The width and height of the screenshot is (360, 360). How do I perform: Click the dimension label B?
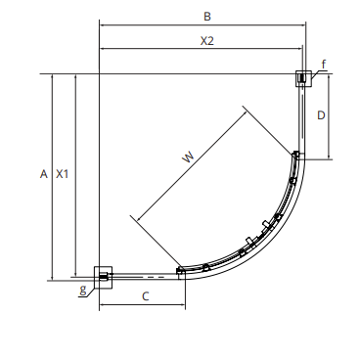point(207,17)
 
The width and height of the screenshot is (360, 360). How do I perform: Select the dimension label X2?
point(207,41)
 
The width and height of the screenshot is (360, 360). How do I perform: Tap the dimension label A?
point(44,174)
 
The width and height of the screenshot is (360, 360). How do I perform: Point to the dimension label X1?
point(62,174)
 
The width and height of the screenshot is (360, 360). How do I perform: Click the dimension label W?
point(188,157)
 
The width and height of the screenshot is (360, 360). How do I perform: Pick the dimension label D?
point(321,115)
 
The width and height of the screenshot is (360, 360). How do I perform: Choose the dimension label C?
point(146,296)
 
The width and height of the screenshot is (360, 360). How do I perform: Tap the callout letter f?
point(323,65)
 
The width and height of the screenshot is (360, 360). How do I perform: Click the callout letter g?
point(83,290)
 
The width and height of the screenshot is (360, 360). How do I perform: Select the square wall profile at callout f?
point(303,78)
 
